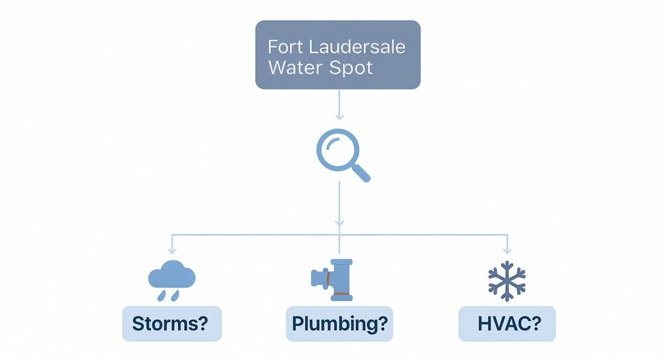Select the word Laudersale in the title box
[357, 47]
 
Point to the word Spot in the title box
[351, 67]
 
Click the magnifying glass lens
[335, 149]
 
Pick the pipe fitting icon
[333, 280]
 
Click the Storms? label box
[172, 324]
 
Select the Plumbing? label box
[339, 324]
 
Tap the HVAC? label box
[507, 324]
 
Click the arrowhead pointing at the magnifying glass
[339, 117]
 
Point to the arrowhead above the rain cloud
[172, 250]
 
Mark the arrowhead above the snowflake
[507, 250]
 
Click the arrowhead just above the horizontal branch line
[339, 223]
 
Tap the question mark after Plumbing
[382, 324]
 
